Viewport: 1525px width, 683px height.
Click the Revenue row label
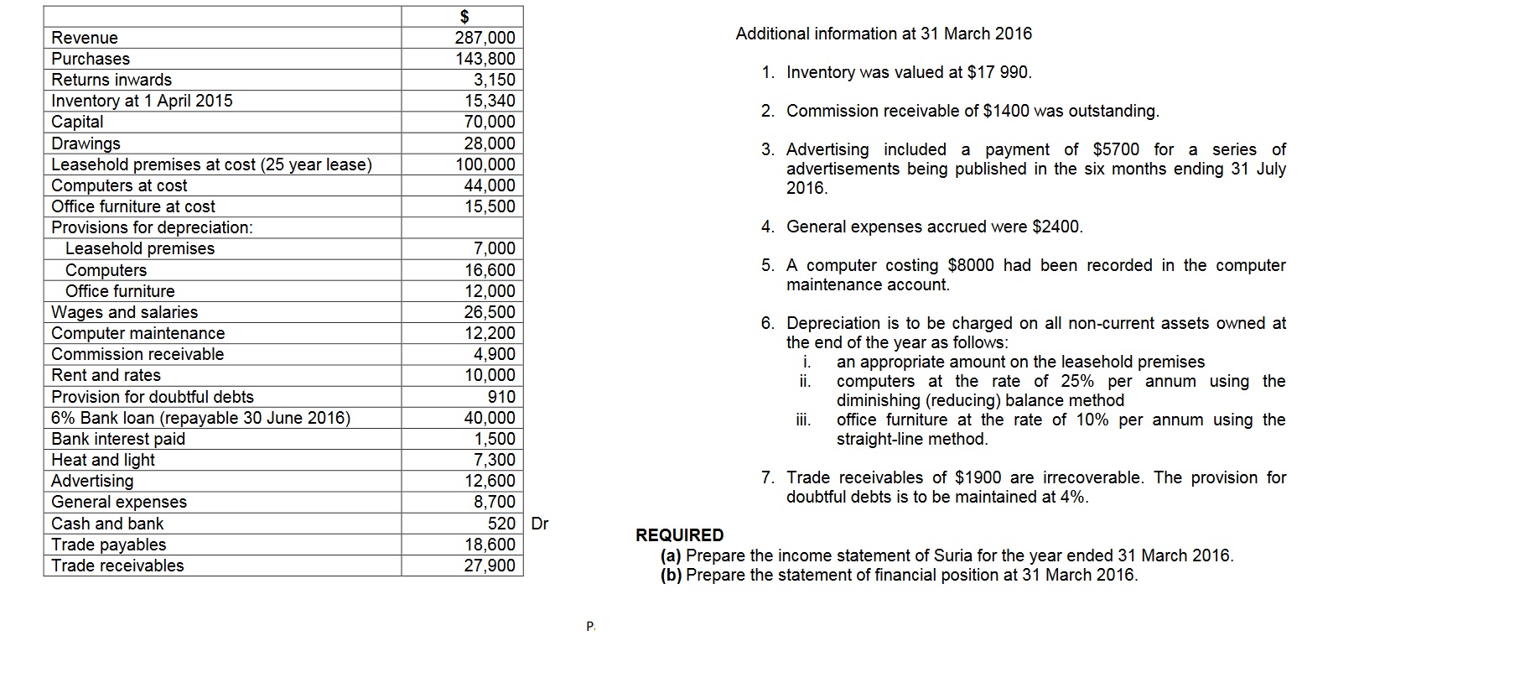[x=85, y=38]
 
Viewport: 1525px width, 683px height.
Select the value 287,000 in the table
[x=485, y=38]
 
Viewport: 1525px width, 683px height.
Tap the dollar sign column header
[x=464, y=16]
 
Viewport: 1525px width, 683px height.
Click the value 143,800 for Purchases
[x=485, y=59]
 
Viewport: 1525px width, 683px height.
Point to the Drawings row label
[x=86, y=143]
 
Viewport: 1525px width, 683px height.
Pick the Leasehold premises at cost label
[x=211, y=164]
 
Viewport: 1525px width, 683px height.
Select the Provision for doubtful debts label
[x=152, y=397]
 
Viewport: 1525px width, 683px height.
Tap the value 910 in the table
[x=501, y=397]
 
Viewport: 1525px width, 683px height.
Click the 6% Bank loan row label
[x=200, y=418]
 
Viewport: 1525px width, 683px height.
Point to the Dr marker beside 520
[x=540, y=524]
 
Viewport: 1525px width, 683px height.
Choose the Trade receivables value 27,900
[x=490, y=566]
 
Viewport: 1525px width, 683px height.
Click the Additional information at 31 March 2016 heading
[x=884, y=34]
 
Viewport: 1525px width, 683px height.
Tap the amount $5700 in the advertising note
[x=1116, y=149]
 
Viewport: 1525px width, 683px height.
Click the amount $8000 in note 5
[x=970, y=265]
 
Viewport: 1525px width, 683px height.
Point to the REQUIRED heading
[x=679, y=535]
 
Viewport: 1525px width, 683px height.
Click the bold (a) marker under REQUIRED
[x=671, y=555]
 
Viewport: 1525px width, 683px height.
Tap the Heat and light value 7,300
[x=495, y=460]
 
